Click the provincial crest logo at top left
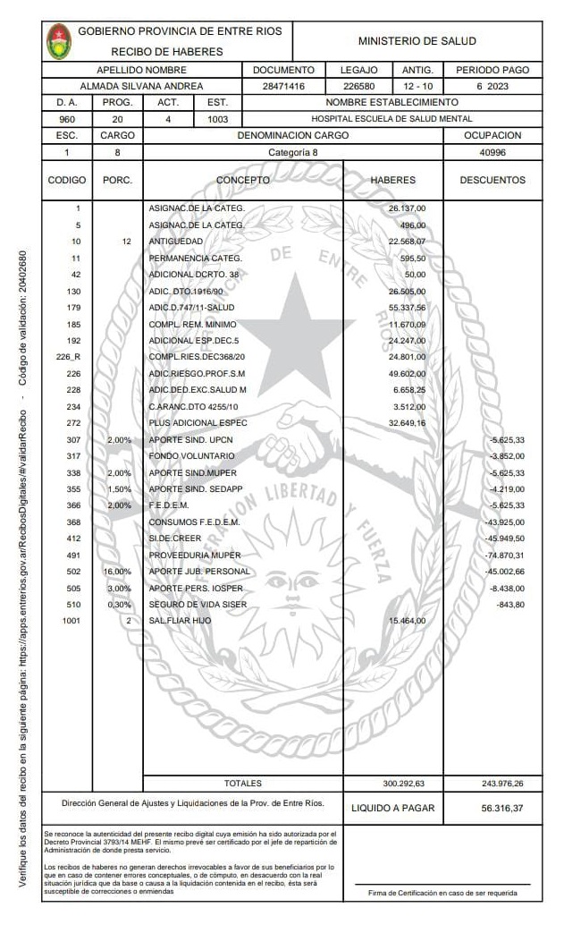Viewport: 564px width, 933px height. (x=60, y=41)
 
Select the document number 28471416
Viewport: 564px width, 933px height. (x=282, y=87)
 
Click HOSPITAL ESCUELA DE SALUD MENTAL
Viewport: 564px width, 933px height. (x=391, y=119)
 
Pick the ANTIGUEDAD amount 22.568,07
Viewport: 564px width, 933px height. (x=407, y=242)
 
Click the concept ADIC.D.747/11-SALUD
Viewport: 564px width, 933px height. (x=187, y=308)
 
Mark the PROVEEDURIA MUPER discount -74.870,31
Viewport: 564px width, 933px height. (x=506, y=555)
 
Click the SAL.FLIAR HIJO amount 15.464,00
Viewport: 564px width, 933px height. (x=407, y=621)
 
